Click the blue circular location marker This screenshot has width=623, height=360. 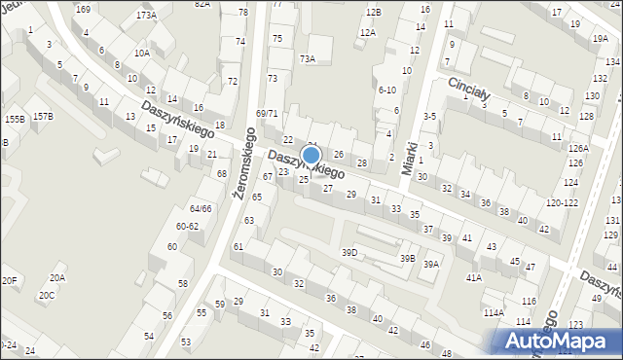click(311, 155)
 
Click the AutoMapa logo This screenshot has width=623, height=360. click(557, 341)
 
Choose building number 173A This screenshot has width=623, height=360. click(146, 16)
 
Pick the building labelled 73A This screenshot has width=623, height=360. click(308, 58)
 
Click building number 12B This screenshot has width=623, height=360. click(374, 12)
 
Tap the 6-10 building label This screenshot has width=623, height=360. click(386, 90)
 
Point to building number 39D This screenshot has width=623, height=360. click(348, 253)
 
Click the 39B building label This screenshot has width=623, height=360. click(407, 259)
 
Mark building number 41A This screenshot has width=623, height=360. click(473, 277)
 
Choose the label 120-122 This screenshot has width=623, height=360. click(561, 203)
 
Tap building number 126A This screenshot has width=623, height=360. click(579, 148)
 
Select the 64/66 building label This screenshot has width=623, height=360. click(201, 209)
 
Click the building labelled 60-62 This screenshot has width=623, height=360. click(187, 226)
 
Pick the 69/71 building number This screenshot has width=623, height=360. click(267, 114)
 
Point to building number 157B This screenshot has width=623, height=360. click(43, 117)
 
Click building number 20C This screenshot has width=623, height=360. click(47, 295)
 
